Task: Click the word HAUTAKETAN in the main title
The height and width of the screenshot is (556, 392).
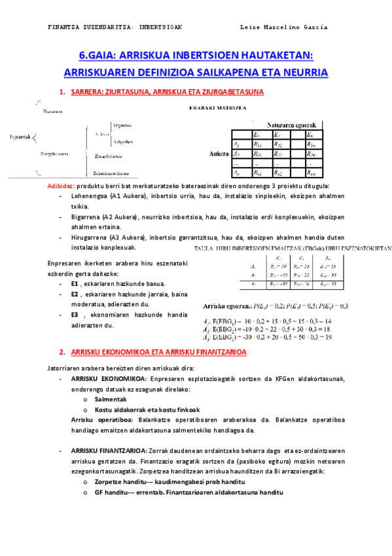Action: coord(276,55)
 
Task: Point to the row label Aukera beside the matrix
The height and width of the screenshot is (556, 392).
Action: coord(219,155)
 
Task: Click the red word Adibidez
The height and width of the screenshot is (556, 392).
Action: coord(61,186)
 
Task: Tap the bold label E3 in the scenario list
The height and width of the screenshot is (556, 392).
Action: coord(75,315)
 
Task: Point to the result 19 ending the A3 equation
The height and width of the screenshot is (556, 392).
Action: coord(328,337)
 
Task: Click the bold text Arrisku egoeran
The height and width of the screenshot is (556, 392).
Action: coord(224,306)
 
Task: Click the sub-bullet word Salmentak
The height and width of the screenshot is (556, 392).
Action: coord(111,399)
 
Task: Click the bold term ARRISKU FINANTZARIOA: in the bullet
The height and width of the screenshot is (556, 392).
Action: coord(107,452)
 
